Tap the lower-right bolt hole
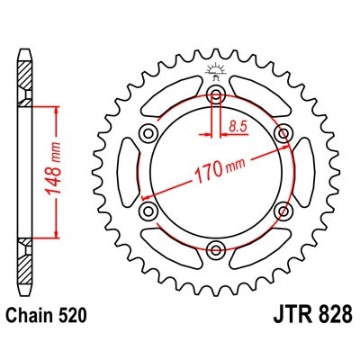click(284, 211)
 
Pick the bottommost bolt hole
click(216, 249)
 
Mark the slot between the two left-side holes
click(127, 172)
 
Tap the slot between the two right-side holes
click(305, 172)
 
